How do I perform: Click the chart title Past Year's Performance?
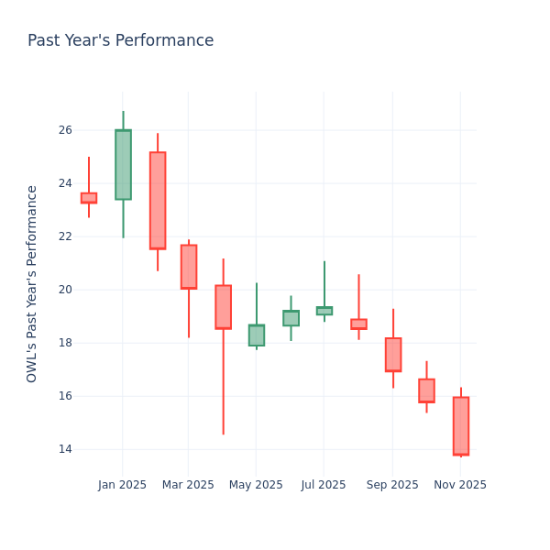coord(120,41)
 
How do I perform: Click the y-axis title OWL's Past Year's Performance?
coord(32,283)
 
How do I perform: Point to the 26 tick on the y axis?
coord(64,130)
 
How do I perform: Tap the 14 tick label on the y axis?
coord(64,449)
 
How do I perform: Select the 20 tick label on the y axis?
coord(64,290)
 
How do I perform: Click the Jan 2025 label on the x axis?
coord(122,485)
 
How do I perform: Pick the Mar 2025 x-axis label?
coord(188,485)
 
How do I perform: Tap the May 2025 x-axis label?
coord(256,485)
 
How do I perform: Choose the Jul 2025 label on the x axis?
coord(324,485)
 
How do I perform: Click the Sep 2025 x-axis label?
coord(392,485)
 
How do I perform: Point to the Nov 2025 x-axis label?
coord(460,485)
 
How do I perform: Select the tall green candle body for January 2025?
coord(123,165)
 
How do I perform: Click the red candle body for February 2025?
coord(158,201)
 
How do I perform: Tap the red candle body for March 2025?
coord(189,267)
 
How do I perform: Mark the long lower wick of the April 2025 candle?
coord(223,385)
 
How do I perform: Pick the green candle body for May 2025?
coord(257,335)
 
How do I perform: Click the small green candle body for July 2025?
coord(324,311)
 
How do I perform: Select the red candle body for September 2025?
coord(393,355)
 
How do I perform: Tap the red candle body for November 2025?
coord(461,426)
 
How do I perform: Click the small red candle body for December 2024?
coord(89,198)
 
